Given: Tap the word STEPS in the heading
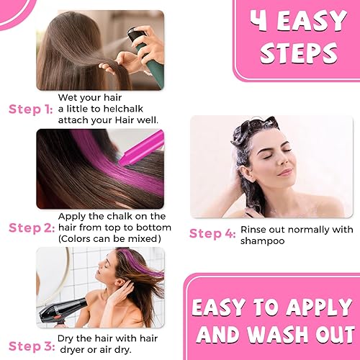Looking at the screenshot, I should [x=299, y=53].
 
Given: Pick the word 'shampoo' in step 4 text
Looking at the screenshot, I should [x=263, y=241].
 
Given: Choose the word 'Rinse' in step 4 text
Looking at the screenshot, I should [x=254, y=230].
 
